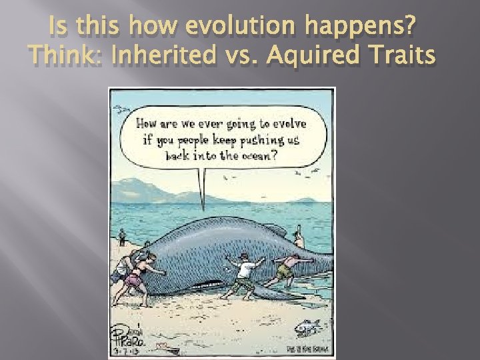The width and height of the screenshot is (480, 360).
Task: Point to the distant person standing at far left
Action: (x=121, y=237)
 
